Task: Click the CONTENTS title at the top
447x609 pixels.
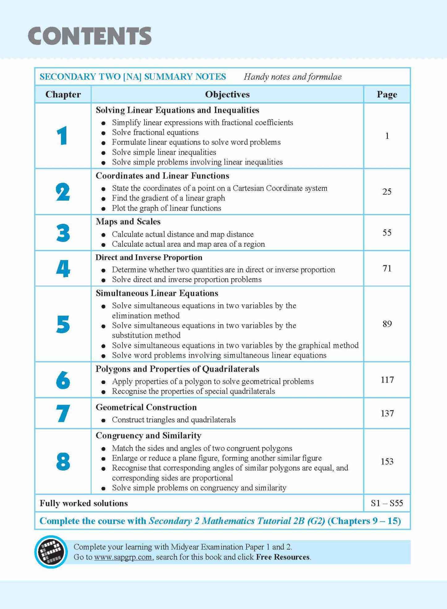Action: tap(90, 36)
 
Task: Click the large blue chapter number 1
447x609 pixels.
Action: tap(62, 136)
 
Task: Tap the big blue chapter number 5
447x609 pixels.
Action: tap(63, 324)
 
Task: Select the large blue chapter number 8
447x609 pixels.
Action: tap(63, 462)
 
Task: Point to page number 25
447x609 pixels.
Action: tap(387, 192)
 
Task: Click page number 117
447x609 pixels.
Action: tap(387, 380)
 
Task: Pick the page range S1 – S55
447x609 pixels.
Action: tap(387, 503)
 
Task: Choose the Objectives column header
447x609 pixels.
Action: tap(227, 94)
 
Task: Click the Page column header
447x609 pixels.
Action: tap(387, 94)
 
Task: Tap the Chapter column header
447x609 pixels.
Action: tap(63, 94)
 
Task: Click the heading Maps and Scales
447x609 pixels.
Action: tap(128, 222)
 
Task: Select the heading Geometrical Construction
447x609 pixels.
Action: tap(146, 407)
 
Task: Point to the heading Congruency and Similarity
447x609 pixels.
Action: tap(148, 436)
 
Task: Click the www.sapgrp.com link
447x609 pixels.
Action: tap(123, 557)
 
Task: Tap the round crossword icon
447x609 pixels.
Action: tap(51, 552)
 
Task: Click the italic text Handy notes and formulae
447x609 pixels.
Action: tap(293, 77)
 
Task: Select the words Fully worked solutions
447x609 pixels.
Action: tap(84, 503)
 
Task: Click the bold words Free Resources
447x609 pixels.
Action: tap(283, 557)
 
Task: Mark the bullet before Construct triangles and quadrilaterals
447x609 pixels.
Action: tap(104, 420)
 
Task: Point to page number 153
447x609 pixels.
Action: tap(387, 462)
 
